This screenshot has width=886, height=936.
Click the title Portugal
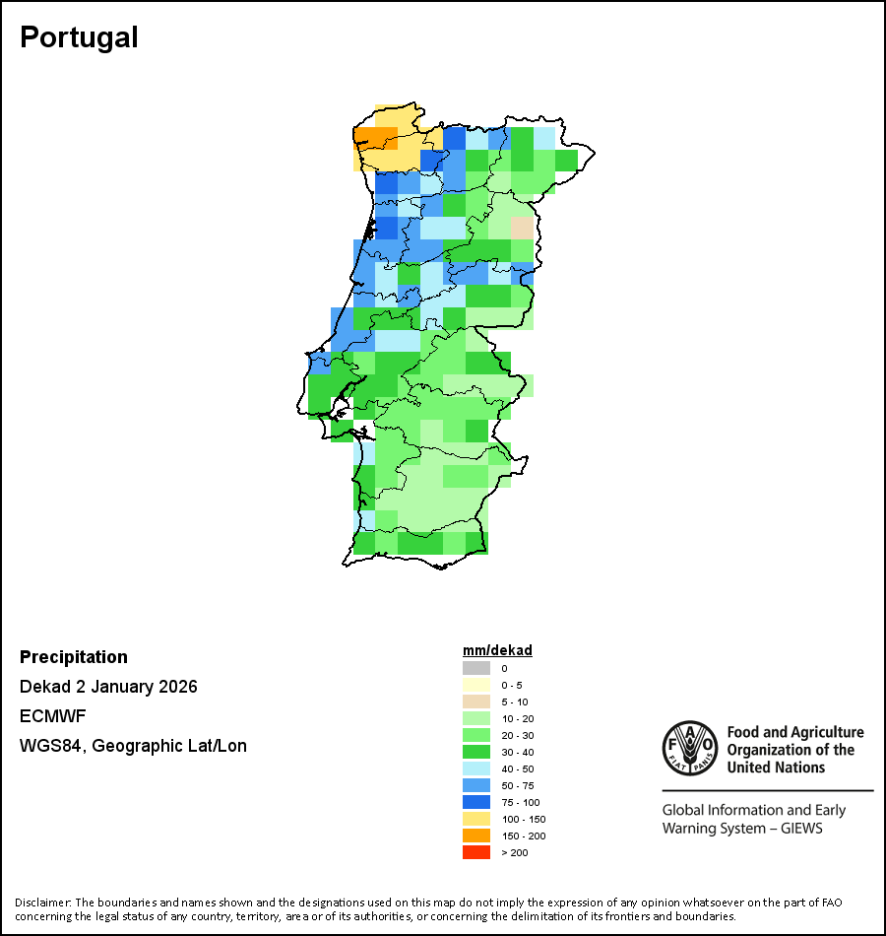tap(79, 37)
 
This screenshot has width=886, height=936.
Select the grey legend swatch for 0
tap(476, 668)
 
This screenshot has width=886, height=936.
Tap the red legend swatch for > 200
tap(476, 852)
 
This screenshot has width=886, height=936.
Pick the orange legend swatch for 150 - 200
tap(476, 836)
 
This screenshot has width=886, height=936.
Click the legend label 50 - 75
tap(518, 785)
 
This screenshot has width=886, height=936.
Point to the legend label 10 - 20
tap(518, 718)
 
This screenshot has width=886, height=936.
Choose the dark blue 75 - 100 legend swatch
tap(476, 802)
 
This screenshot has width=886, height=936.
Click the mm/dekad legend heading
tap(497, 650)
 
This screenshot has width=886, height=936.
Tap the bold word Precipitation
tap(74, 657)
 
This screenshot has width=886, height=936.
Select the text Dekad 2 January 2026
tap(108, 687)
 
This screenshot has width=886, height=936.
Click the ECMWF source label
tap(52, 716)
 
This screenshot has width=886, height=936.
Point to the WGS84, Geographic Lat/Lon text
tap(133, 746)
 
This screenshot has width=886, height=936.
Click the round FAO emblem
tap(689, 750)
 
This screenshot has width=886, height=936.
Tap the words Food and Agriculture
tap(795, 732)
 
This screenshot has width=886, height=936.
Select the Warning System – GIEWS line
tap(742, 829)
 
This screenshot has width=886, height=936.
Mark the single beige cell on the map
tap(522, 228)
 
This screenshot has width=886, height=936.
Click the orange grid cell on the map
tap(375, 137)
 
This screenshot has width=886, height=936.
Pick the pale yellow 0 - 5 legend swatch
tap(476, 685)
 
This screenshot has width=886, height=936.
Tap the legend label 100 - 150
tap(523, 819)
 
